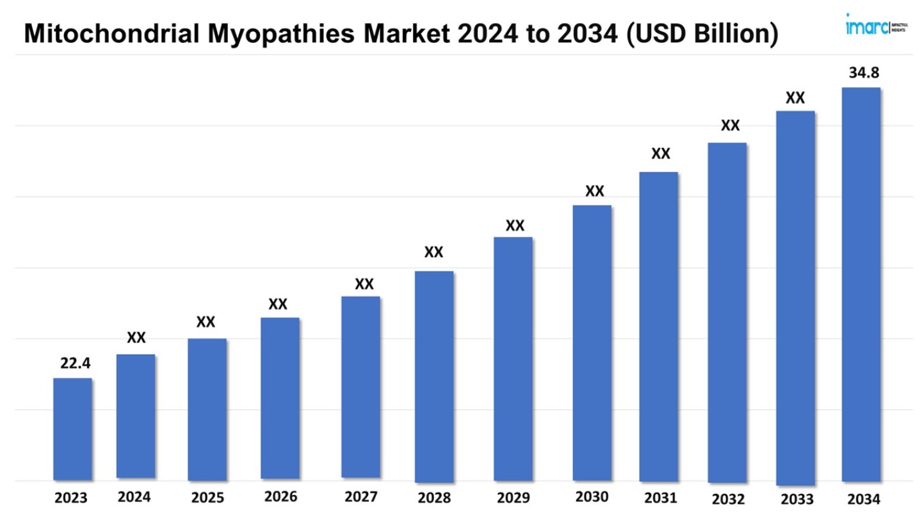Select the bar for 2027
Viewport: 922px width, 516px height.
[x=360, y=387]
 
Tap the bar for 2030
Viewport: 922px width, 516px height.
[x=592, y=343]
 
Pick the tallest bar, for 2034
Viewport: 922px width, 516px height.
[x=861, y=285]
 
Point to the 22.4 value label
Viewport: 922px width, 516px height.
[x=76, y=364]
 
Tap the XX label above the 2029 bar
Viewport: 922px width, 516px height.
[x=515, y=225]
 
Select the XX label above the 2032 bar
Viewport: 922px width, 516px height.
[x=730, y=125]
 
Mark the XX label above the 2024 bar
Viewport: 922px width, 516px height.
[x=136, y=337]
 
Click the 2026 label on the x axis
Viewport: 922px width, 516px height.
[x=280, y=497]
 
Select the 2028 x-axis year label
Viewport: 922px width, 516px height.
[x=434, y=498]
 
